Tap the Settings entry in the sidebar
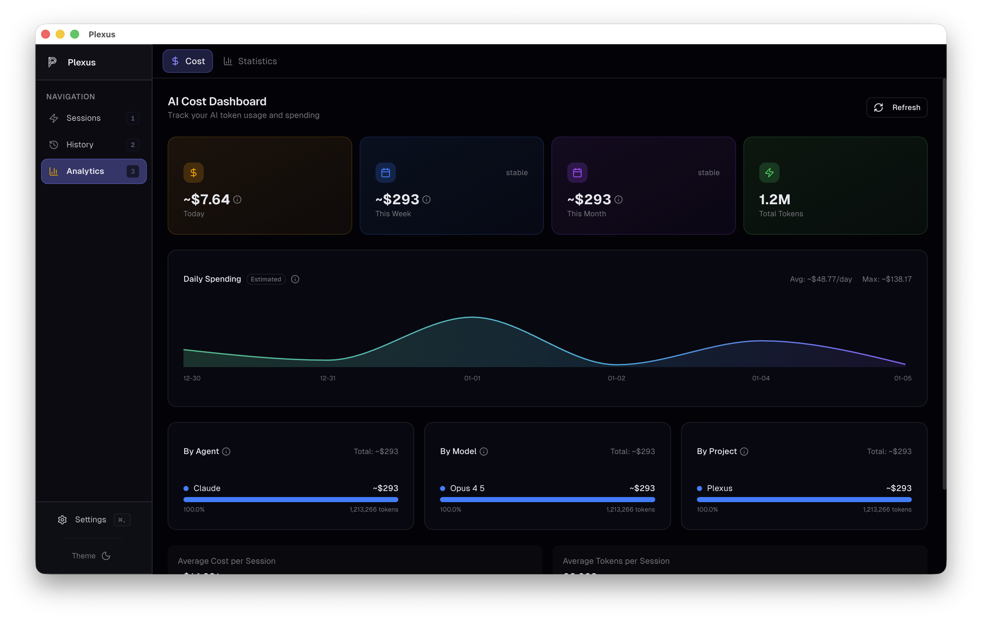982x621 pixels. pyautogui.click(x=90, y=520)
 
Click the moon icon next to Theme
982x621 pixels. pyautogui.click(x=106, y=556)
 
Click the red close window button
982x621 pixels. pyautogui.click(x=46, y=34)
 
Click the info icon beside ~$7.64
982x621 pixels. pyautogui.click(x=237, y=200)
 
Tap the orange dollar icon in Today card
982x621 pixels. pyautogui.click(x=193, y=173)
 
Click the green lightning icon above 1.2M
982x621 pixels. pyautogui.click(x=769, y=173)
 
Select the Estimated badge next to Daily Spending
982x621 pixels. pyautogui.click(x=266, y=279)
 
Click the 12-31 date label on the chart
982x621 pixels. pyautogui.click(x=327, y=378)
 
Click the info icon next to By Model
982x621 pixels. pyautogui.click(x=484, y=452)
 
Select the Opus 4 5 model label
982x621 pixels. pyautogui.click(x=467, y=488)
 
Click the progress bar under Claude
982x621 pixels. pyautogui.click(x=290, y=500)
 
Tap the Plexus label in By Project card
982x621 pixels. pyautogui.click(x=719, y=488)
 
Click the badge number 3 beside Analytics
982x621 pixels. pyautogui.click(x=133, y=172)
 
